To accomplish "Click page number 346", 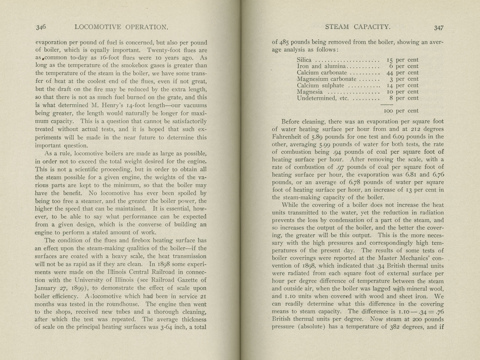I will tap(41, 27).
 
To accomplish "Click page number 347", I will tap(438, 28).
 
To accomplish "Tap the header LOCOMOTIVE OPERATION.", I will tap(121, 27).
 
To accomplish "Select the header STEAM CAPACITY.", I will tap(358, 27).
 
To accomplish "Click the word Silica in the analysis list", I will tap(304, 60).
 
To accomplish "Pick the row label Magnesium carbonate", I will tap(326, 79).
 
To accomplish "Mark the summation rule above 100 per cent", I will tap(386, 104).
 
